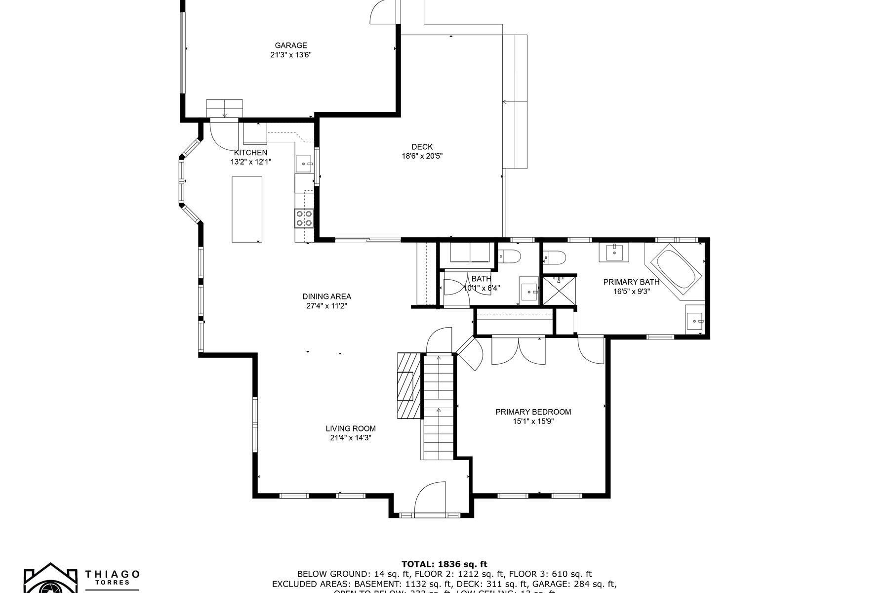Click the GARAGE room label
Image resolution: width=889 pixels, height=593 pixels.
(x=291, y=45)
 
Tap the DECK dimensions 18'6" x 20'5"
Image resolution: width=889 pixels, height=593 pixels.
(x=422, y=156)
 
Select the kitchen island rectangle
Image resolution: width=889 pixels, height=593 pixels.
(x=247, y=209)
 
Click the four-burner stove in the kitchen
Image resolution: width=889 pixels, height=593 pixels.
(x=304, y=218)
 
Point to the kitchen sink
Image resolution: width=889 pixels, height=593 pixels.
(x=303, y=163)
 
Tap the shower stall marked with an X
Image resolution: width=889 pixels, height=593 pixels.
(x=560, y=290)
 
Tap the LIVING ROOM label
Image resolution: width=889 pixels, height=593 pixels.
(x=350, y=428)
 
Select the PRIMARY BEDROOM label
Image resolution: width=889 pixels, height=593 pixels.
(x=533, y=412)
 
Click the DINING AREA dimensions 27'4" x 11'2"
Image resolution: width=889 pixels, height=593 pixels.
(x=326, y=306)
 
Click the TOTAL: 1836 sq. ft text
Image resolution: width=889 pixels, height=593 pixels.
(x=444, y=564)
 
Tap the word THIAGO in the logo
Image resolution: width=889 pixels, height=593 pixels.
(x=113, y=574)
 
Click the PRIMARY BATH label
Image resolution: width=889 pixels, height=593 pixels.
(x=631, y=282)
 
